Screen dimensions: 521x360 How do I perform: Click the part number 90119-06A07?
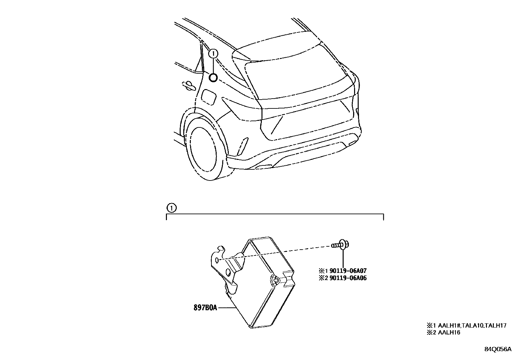coord(348,271)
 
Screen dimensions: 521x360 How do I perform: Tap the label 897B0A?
coord(205,308)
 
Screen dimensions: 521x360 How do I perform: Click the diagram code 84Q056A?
coord(497,349)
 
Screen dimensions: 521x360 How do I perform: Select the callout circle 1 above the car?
coord(213,53)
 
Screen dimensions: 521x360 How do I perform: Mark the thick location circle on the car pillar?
coord(213,78)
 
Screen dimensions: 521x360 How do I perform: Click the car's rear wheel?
coord(204,151)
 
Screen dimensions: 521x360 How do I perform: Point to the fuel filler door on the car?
coord(208,97)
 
